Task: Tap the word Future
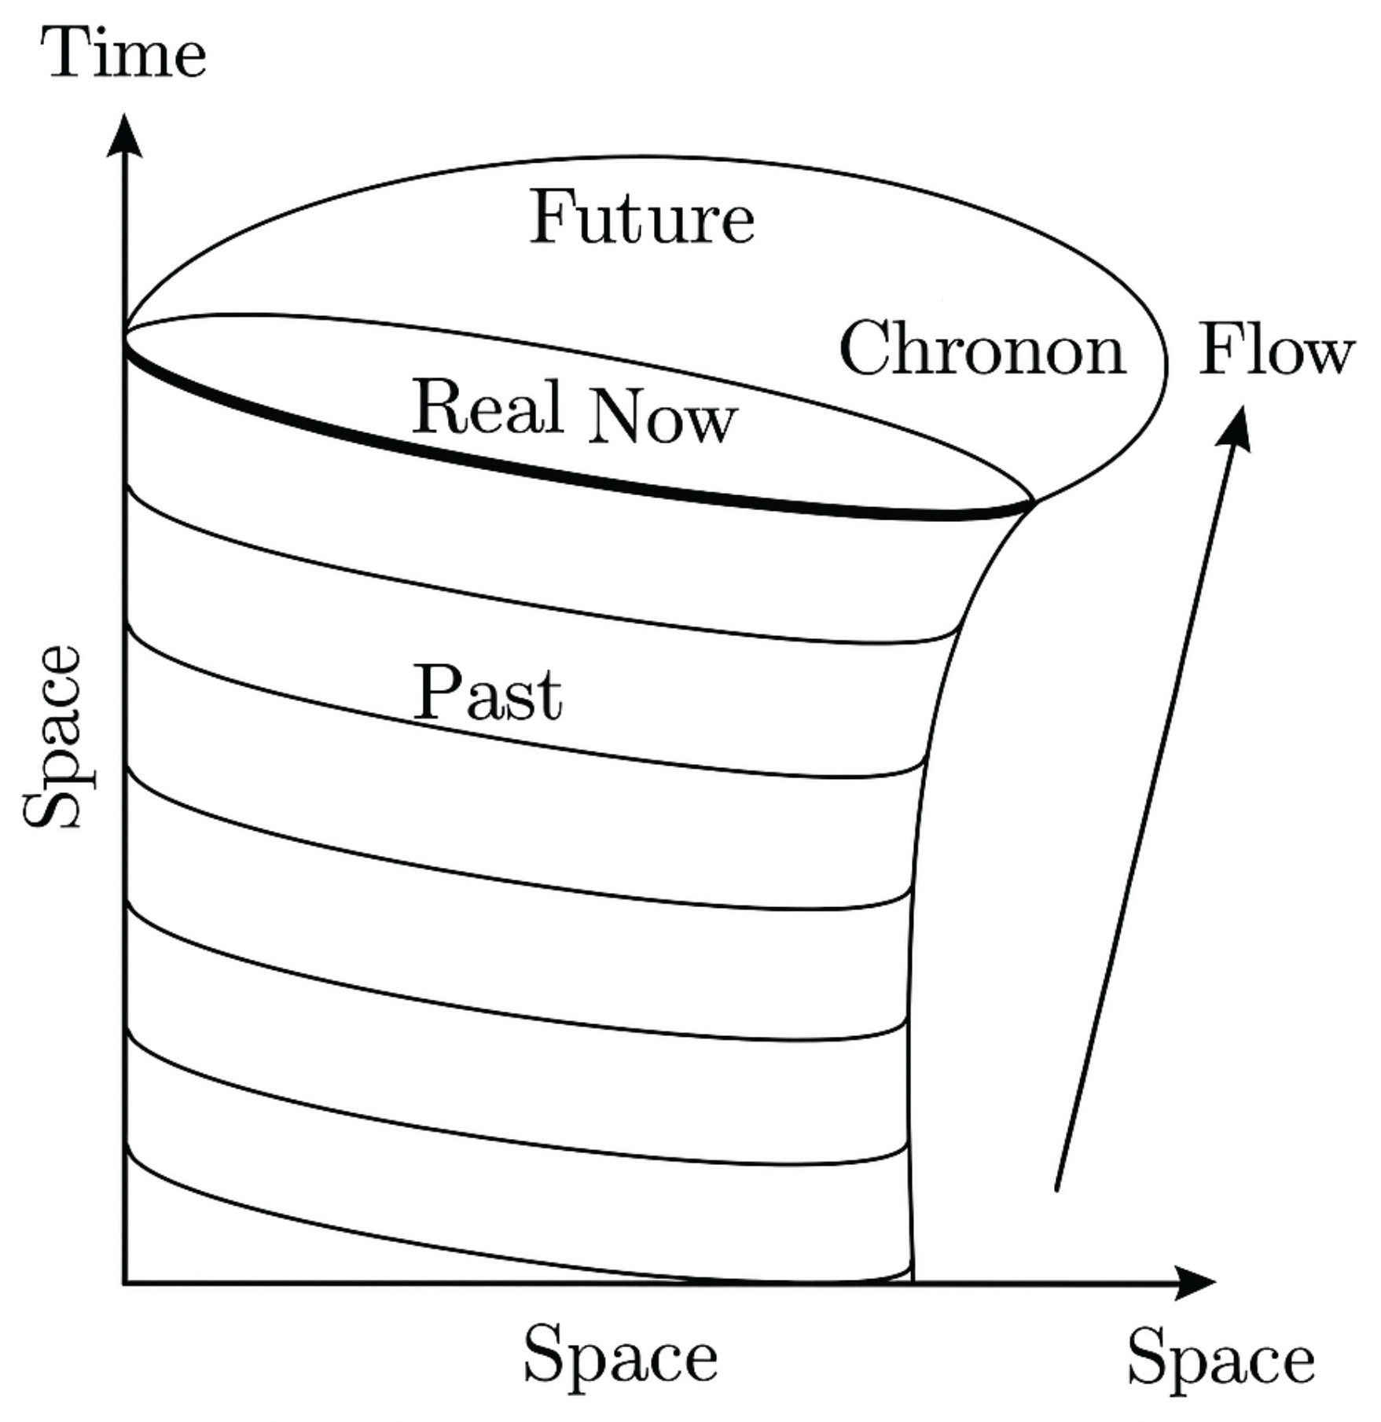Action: click(x=642, y=218)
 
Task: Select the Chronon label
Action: click(x=982, y=349)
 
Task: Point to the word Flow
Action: click(x=1276, y=351)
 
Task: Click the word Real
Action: click(x=488, y=406)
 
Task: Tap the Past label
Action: click(x=488, y=693)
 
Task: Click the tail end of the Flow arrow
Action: click(x=1056, y=1189)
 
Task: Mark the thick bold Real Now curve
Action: click(x=550, y=471)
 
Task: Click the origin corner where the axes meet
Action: click(x=124, y=1283)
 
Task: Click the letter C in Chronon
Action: click(x=863, y=348)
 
